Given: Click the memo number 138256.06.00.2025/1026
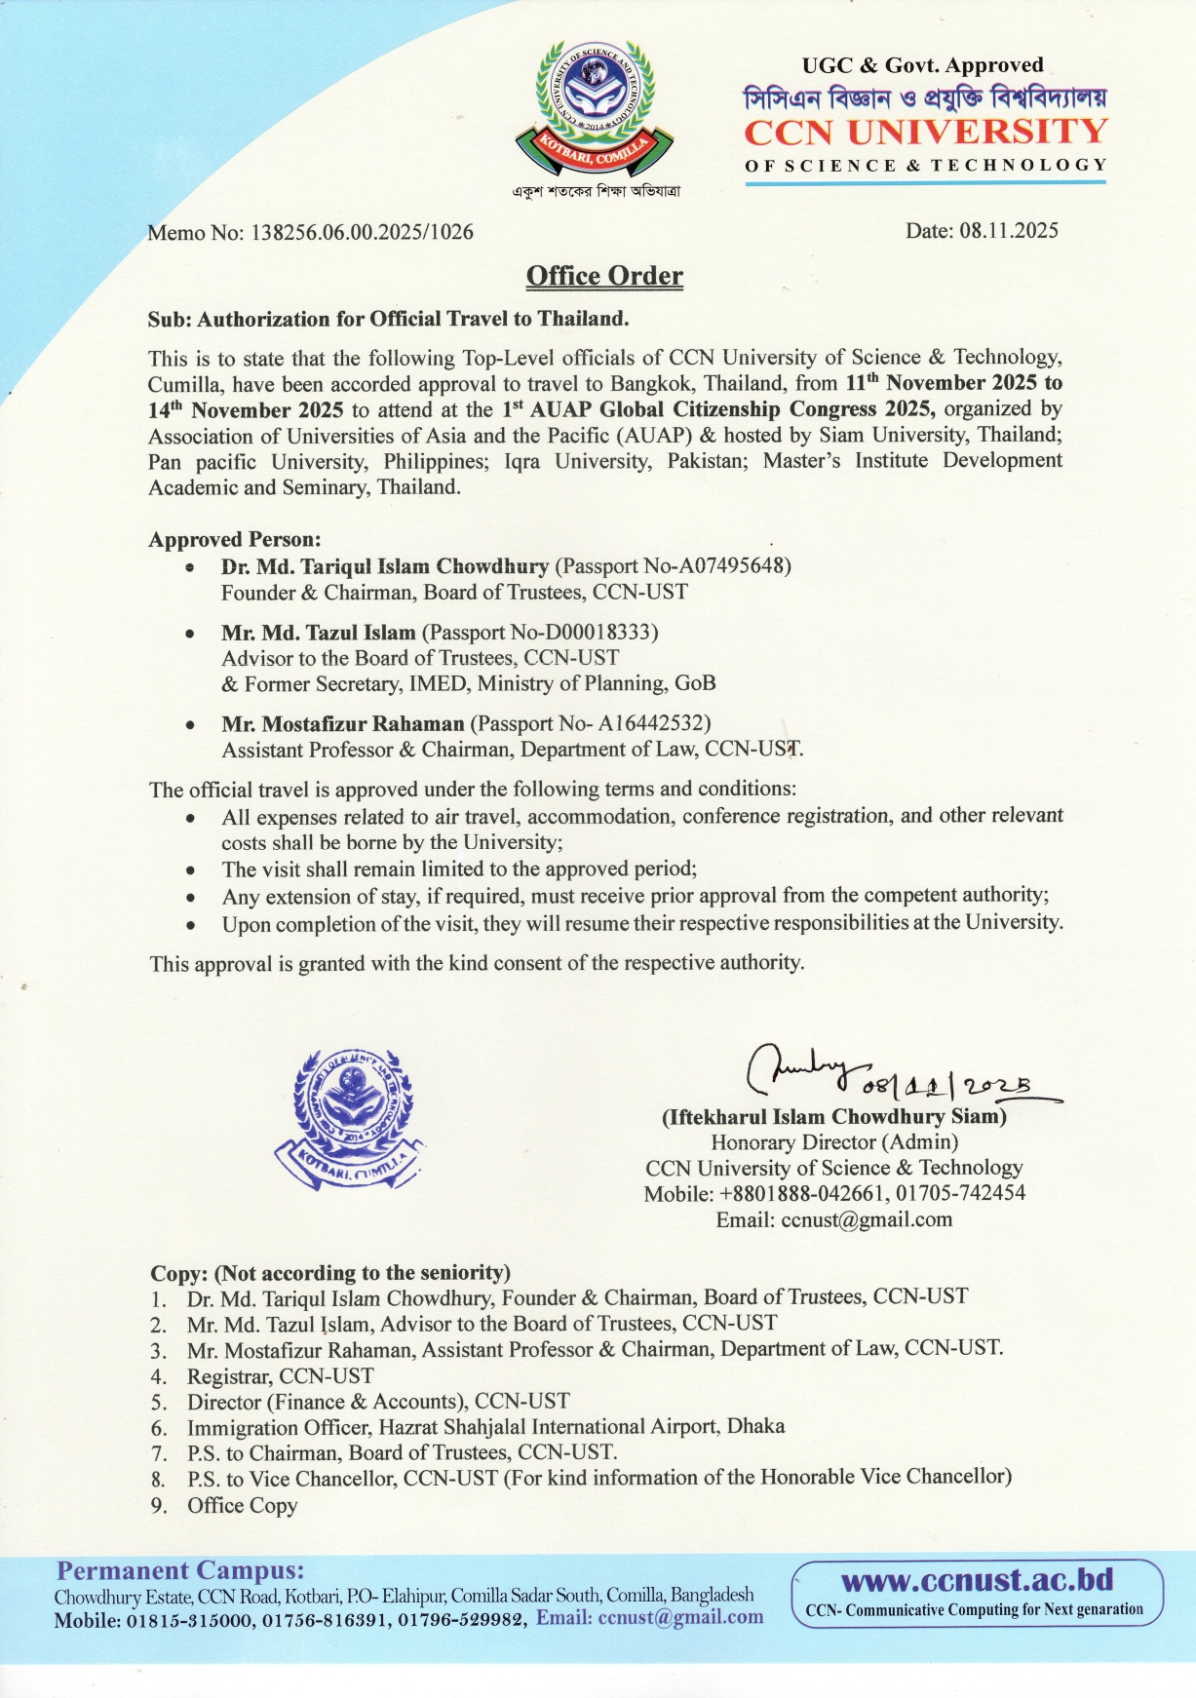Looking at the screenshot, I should coord(362,233).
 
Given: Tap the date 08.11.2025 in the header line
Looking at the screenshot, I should coord(1008,231).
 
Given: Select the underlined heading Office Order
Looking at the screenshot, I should coord(604,277).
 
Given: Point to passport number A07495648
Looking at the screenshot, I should coord(727,566).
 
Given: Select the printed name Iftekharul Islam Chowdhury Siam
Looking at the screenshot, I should coord(833,1117).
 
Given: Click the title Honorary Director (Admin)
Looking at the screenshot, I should coord(834,1142).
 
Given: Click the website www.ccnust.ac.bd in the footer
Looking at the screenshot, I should coord(977,1578).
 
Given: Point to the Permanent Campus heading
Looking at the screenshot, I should coord(180,1570).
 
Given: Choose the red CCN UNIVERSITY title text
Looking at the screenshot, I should coord(925,132).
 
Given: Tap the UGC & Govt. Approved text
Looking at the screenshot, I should coord(922,66).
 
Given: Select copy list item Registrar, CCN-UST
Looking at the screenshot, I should coord(280,1376).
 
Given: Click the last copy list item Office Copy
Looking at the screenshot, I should coord(242,1506).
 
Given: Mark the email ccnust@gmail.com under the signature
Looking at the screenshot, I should coord(867,1219).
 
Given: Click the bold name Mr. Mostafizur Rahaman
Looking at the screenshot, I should coord(343,724).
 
